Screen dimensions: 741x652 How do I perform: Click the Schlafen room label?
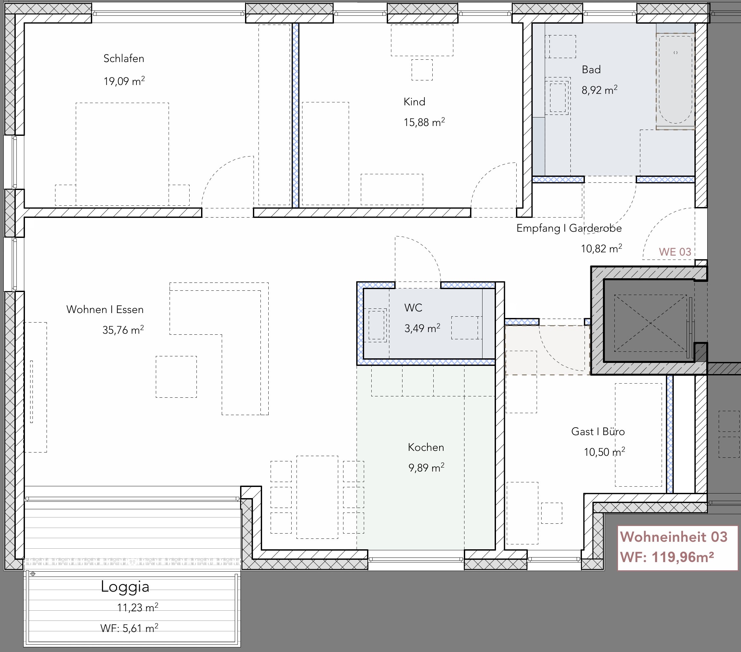click(x=124, y=58)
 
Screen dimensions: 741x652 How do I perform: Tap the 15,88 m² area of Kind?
click(x=424, y=122)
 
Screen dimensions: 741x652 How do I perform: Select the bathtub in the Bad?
click(x=675, y=81)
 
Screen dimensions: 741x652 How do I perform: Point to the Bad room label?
click(x=591, y=69)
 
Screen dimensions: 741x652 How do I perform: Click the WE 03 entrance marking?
click(x=675, y=252)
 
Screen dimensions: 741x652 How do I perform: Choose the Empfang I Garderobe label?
click(x=569, y=228)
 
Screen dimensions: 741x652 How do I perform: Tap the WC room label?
click(x=413, y=307)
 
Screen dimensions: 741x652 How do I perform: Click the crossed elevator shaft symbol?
click(x=650, y=323)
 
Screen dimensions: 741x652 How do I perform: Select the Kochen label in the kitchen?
click(x=426, y=447)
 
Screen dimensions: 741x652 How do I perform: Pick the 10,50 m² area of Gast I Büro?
click(x=604, y=452)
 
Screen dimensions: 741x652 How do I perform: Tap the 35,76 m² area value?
click(x=123, y=330)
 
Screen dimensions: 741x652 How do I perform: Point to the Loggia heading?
click(x=125, y=587)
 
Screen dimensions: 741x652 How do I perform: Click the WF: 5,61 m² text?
click(x=130, y=628)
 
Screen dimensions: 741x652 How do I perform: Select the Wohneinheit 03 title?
click(x=673, y=537)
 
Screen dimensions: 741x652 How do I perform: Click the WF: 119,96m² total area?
click(x=667, y=557)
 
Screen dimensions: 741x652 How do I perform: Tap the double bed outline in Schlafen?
click(x=122, y=154)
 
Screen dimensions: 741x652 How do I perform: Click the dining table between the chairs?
click(x=317, y=497)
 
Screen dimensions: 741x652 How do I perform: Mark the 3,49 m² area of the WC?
click(x=422, y=328)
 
